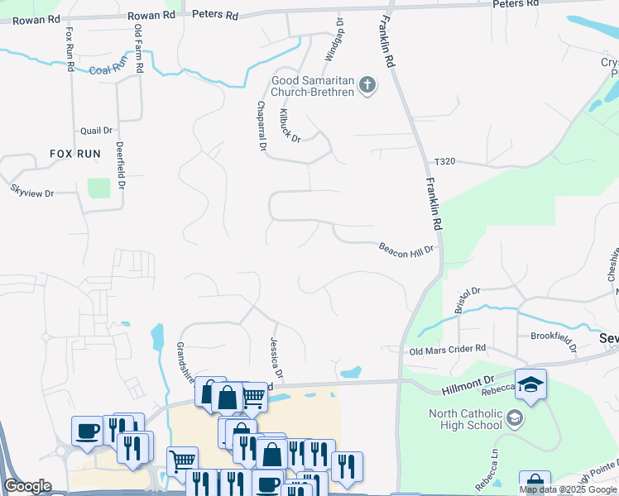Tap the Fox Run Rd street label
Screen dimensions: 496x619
(70, 49)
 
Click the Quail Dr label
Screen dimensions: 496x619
(96, 131)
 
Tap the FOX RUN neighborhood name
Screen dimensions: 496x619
(73, 154)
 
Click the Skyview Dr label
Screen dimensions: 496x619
(31, 191)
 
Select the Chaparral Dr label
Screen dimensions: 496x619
(262, 126)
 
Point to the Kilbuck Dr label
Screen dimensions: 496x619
(290, 124)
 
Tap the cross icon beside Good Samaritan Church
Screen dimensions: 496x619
(367, 84)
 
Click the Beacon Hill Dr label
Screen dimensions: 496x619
(406, 250)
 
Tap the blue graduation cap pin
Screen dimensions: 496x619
(530, 384)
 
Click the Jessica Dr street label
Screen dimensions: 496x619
(276, 358)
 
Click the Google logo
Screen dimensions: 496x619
(28, 486)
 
